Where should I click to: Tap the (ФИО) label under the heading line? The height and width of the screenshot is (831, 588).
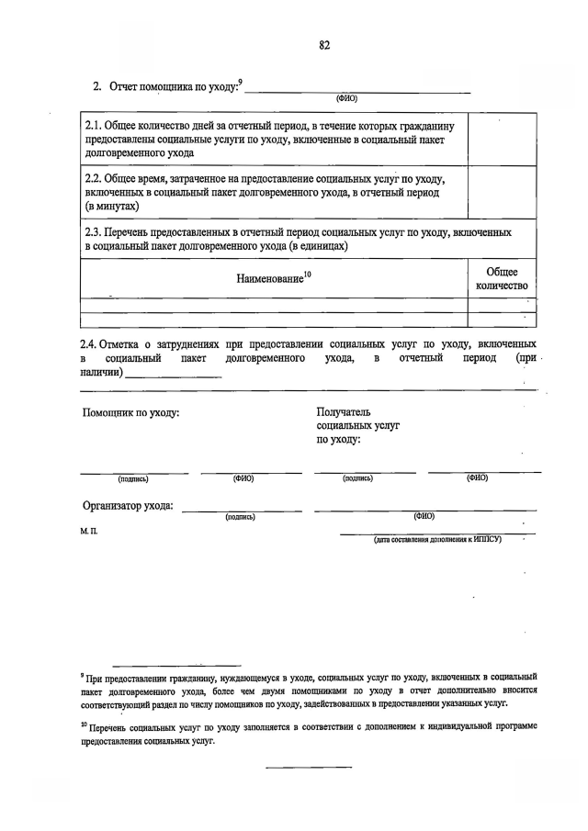point(346,97)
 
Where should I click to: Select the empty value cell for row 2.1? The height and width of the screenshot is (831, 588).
point(502,140)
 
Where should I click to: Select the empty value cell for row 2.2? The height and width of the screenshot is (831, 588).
point(502,194)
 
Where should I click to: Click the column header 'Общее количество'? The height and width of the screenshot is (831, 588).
point(502,279)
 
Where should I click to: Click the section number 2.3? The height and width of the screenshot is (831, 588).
point(94,233)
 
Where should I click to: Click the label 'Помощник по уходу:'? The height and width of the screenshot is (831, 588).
point(130,413)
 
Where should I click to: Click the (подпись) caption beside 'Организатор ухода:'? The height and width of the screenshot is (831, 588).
point(239,517)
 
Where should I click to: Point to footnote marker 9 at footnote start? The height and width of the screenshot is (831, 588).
point(82,675)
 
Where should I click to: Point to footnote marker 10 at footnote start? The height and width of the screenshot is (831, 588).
point(83,724)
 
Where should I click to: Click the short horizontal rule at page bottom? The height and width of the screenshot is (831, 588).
point(309,767)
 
